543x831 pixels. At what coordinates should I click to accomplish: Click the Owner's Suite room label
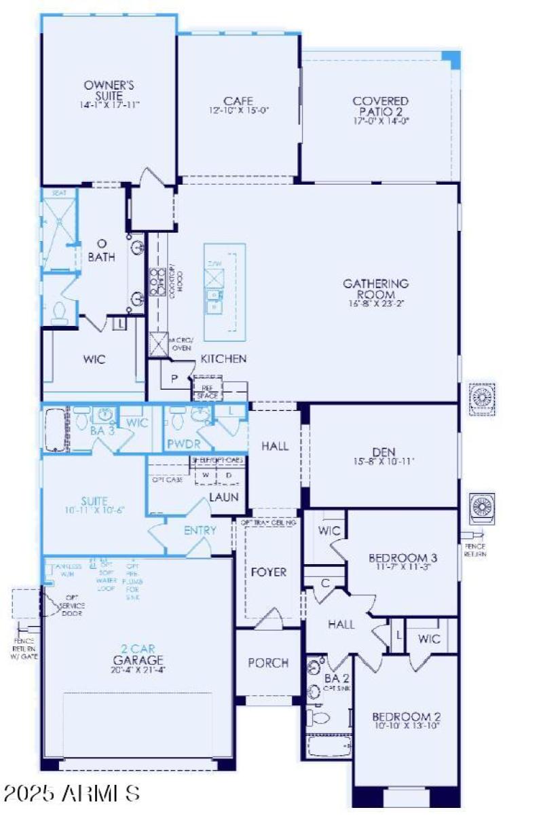(109, 91)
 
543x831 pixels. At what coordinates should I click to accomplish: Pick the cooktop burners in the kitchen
(158, 279)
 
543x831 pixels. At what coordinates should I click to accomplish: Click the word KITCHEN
(223, 358)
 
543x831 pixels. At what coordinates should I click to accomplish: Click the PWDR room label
(181, 445)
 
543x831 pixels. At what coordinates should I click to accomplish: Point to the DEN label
(383, 452)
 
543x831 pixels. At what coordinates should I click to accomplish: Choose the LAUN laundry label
(223, 497)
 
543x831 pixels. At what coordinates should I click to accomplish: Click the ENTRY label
(200, 530)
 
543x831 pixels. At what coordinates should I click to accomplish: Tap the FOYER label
(269, 572)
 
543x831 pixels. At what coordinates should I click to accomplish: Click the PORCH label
(267, 663)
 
